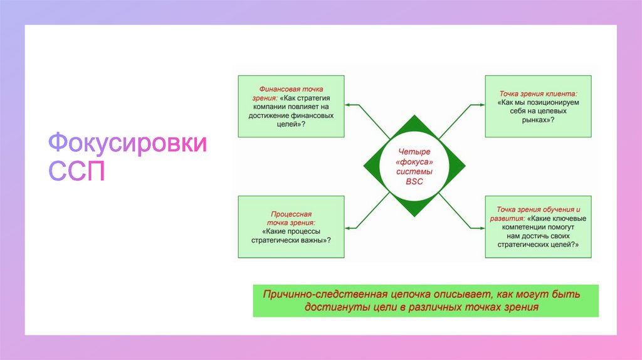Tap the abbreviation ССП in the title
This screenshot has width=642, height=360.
(x=77, y=171)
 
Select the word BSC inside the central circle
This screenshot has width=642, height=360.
(x=414, y=181)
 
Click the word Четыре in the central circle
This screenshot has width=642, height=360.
(x=414, y=152)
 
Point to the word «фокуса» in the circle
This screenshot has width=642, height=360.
(x=414, y=162)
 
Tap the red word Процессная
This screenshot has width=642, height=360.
(x=291, y=213)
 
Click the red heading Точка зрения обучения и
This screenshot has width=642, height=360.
(x=539, y=209)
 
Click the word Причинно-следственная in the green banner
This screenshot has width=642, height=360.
(x=320, y=294)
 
